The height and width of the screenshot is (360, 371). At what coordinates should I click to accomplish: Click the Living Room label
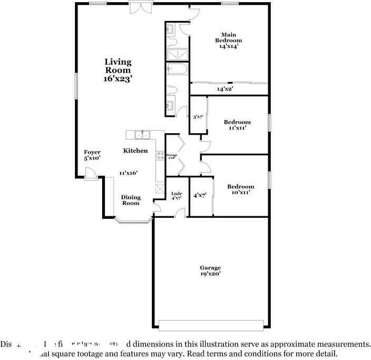click(x=118, y=70)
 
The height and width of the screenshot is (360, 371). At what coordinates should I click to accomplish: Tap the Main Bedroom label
click(x=229, y=41)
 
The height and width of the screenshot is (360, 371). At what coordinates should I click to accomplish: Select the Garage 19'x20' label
click(x=210, y=271)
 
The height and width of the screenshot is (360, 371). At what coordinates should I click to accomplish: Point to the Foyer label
click(x=92, y=155)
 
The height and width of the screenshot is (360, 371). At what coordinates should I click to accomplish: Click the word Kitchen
click(x=135, y=151)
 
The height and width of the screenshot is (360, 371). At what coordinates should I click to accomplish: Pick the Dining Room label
click(x=131, y=200)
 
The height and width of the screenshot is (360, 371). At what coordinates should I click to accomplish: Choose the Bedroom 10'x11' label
click(x=240, y=189)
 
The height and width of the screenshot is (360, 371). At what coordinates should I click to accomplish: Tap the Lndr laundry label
click(x=177, y=196)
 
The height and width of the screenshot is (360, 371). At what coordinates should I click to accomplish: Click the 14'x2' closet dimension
click(x=225, y=89)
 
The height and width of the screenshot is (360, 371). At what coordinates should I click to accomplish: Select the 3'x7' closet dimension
click(x=198, y=117)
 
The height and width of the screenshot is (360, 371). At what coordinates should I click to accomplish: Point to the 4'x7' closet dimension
click(x=200, y=195)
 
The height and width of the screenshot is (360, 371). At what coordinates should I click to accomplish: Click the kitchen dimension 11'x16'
click(x=128, y=173)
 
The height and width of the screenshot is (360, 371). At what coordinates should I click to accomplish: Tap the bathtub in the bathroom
click(x=177, y=69)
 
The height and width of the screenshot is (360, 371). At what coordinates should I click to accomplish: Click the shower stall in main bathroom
click(x=177, y=54)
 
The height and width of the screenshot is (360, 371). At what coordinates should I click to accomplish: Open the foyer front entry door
click(x=91, y=173)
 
